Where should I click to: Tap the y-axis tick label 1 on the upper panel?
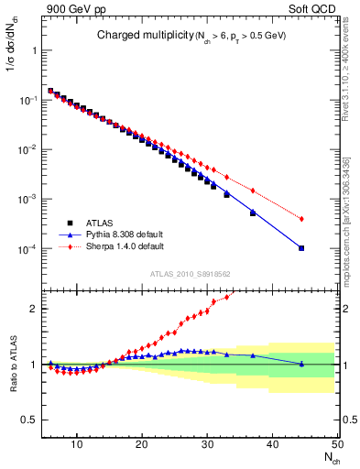click(37, 50)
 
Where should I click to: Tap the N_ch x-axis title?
click(327, 457)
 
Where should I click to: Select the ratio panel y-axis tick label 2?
click(37, 309)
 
